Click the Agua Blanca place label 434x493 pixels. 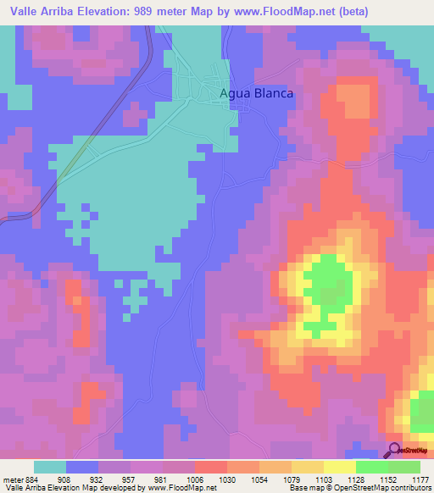coord(256,94)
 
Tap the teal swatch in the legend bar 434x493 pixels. coord(50,467)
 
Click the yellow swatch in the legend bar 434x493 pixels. coord(339,467)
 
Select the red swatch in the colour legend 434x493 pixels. coord(210,467)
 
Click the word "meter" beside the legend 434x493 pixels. coord(9,479)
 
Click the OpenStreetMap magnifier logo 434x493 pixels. coord(396,450)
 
